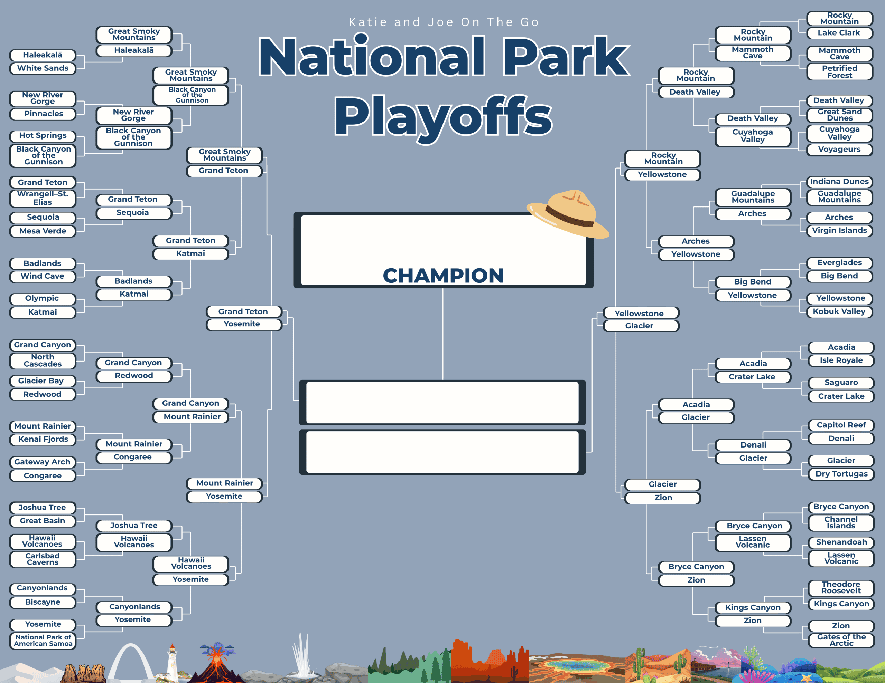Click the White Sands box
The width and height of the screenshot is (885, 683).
(43, 68)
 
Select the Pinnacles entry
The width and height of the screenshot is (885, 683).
(43, 114)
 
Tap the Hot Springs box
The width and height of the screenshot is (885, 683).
(43, 135)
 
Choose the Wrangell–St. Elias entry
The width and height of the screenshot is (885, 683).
(43, 198)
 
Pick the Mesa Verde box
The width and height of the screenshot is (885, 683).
(43, 231)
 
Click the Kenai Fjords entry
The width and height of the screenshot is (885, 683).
(43, 439)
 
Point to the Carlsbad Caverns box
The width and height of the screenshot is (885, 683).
(43, 559)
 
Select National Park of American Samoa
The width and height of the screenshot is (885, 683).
(43, 641)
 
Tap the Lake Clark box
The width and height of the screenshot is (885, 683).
(840, 33)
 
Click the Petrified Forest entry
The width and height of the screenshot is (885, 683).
(840, 72)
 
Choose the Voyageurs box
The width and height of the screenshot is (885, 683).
(840, 150)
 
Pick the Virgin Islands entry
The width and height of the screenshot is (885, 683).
(840, 230)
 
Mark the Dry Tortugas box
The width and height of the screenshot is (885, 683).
(841, 474)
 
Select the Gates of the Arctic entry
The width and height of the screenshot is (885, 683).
(841, 640)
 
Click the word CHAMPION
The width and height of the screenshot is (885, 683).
(443, 276)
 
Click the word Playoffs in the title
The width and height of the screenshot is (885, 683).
(443, 116)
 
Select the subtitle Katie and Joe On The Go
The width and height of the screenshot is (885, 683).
(444, 22)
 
